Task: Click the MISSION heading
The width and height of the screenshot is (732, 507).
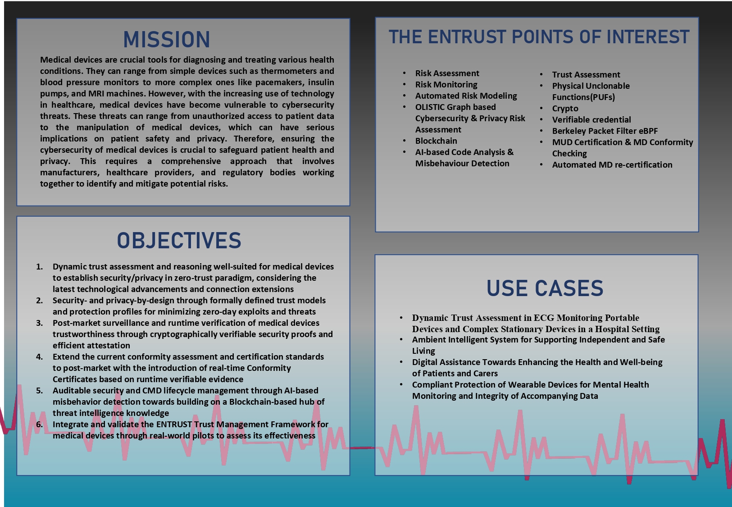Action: point(166,40)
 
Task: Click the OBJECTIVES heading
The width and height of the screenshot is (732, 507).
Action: point(179,240)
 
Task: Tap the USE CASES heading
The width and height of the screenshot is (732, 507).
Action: point(545,288)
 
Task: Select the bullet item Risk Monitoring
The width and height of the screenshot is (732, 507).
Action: point(446,84)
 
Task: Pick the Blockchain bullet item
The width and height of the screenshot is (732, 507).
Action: point(436,141)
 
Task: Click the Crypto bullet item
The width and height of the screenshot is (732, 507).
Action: point(565,109)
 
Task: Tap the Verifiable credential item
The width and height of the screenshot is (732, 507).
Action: point(591,119)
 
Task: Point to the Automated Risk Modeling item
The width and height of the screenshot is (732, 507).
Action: point(466,96)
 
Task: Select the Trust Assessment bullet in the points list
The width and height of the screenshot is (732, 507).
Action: point(586,74)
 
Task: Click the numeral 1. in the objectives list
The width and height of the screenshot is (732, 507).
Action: point(39,267)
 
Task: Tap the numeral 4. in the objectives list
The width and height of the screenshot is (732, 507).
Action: point(39,356)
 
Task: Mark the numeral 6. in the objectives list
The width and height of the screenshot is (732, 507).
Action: point(39,424)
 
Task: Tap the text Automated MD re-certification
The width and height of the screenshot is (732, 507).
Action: point(612,165)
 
